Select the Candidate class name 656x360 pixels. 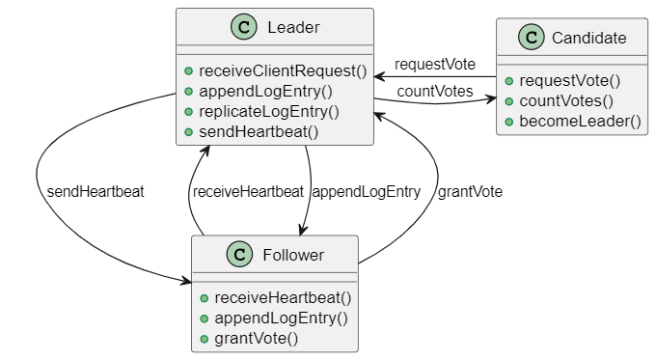coord(588,39)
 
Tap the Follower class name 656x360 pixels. coord(293,255)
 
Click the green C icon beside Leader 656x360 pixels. coord(244,27)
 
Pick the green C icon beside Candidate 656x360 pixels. coord(530,39)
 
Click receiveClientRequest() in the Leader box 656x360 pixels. coord(283,71)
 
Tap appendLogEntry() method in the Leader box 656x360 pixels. coord(265,92)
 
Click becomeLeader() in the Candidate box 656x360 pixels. coord(580,121)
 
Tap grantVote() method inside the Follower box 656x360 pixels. coord(256,338)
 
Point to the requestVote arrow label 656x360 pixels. coord(434,65)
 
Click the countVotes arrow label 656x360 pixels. coord(434,92)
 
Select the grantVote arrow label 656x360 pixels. coord(470,191)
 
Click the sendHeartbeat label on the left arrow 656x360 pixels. coord(95,191)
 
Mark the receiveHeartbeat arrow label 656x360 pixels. coord(248,191)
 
